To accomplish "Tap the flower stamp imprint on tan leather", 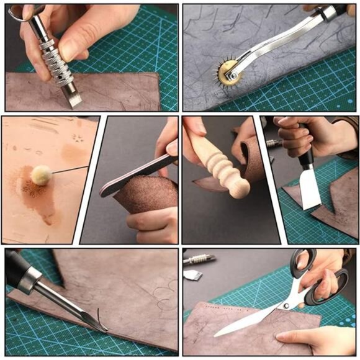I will [x=78, y=138].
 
